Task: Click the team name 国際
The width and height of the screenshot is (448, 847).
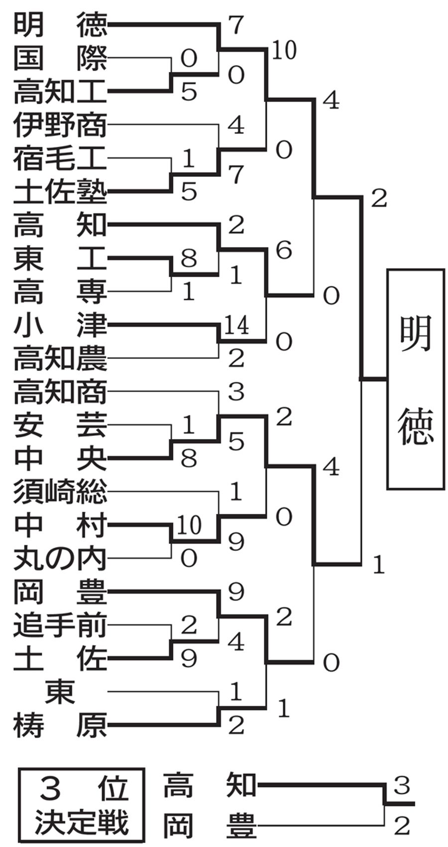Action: click(x=60, y=58)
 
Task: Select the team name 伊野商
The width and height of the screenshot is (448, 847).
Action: click(x=60, y=125)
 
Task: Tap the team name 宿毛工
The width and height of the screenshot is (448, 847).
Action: click(x=60, y=158)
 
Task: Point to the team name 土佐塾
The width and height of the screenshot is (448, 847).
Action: click(x=60, y=192)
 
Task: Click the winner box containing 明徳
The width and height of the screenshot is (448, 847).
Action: click(x=415, y=379)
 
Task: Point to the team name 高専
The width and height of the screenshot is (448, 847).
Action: click(x=60, y=292)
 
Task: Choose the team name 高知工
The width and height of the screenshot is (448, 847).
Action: click(x=60, y=92)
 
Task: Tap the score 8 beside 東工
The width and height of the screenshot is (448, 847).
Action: click(x=189, y=258)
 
